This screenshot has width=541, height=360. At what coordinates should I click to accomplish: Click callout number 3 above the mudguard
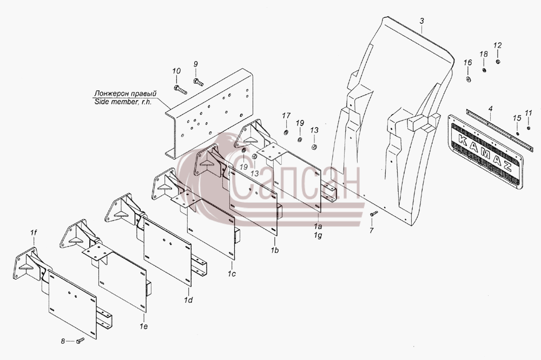421,21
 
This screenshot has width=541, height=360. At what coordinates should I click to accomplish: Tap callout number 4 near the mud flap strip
490,109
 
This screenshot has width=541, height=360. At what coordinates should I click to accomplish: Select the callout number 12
498,45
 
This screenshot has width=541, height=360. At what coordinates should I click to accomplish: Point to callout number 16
467,63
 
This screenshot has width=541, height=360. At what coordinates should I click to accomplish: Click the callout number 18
484,54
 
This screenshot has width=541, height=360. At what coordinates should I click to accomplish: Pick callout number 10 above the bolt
176,71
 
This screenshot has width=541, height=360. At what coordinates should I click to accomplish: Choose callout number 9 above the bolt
196,64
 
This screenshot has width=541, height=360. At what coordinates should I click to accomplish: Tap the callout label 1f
33,233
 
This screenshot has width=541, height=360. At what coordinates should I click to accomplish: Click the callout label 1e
144,326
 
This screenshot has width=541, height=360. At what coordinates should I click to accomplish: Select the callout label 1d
188,300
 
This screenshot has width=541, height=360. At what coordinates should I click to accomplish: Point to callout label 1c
232,274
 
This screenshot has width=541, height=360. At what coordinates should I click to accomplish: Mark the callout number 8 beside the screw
63,341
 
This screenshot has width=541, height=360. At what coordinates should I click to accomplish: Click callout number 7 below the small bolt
372,230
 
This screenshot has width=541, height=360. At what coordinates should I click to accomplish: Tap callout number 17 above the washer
286,116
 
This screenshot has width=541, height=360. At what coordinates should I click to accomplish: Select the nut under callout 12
498,62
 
